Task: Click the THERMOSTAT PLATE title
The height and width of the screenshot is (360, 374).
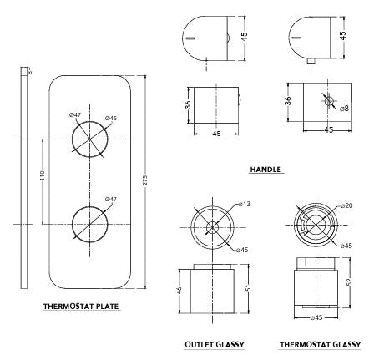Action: pyautogui.click(x=81, y=307)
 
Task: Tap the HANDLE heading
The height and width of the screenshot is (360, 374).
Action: pyautogui.click(x=265, y=170)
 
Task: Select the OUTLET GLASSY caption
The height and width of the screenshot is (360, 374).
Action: pyautogui.click(x=215, y=345)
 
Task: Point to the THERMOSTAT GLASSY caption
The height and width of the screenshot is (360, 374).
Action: pyautogui.click(x=320, y=345)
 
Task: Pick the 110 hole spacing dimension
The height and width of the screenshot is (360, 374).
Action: pyautogui.click(x=43, y=175)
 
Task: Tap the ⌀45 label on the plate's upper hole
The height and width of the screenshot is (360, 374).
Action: pyautogui.click(x=111, y=118)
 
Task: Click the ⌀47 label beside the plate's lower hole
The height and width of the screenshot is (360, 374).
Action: pyautogui.click(x=111, y=200)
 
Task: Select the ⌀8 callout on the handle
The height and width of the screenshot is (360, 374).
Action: pyautogui.click(x=344, y=108)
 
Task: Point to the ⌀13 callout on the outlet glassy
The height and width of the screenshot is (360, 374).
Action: pyautogui.click(x=245, y=204)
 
